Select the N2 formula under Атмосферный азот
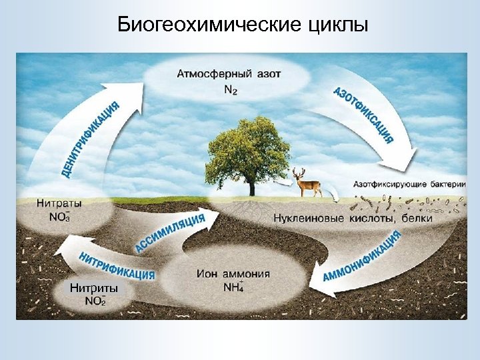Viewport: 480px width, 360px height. (x=229, y=90)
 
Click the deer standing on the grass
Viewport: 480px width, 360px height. (x=308, y=183)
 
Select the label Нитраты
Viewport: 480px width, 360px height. (x=59, y=203)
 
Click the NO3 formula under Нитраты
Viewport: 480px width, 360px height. (x=59, y=216)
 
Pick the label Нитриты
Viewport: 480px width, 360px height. (x=94, y=289)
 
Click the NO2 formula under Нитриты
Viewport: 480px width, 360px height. (x=95, y=301)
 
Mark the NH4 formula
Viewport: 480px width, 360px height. (x=233, y=287)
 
